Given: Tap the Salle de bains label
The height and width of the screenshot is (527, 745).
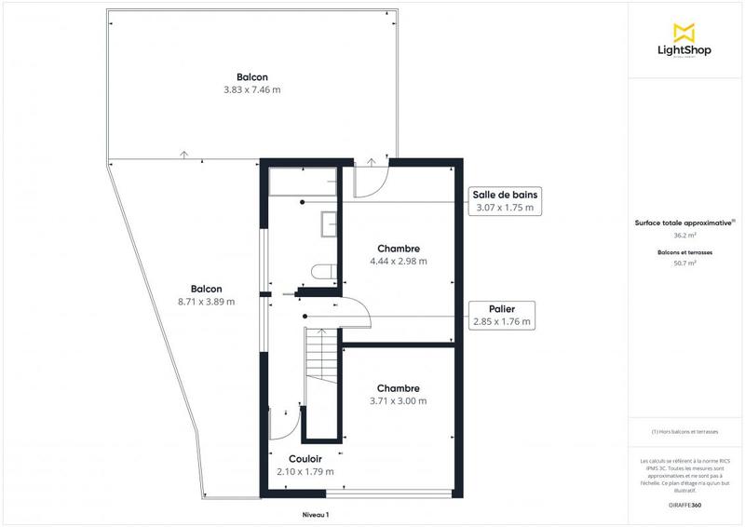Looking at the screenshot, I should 504,195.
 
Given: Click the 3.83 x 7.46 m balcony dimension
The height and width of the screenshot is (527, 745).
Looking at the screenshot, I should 251,90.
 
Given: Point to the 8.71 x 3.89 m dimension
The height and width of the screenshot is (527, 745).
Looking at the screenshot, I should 206,302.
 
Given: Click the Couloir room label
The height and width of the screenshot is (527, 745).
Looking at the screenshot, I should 305,459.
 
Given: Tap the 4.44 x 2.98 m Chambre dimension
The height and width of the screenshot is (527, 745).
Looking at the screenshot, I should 399,262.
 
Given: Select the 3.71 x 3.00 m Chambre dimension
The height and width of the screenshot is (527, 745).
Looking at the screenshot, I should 399,401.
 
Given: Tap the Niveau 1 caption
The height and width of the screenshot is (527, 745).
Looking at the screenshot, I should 316,514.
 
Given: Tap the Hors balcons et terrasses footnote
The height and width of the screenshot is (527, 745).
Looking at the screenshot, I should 684,432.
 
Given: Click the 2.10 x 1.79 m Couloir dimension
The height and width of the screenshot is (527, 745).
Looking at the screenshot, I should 305,472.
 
